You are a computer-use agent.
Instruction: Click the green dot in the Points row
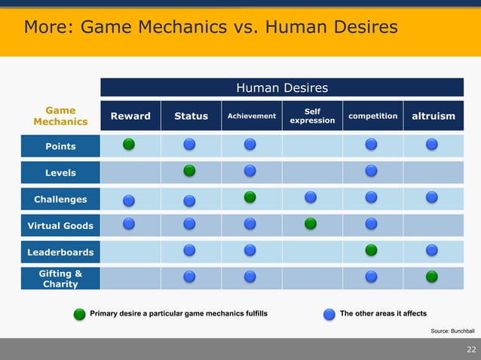(130, 144)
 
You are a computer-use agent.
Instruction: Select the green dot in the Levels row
(190, 171)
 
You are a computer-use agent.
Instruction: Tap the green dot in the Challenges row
(250, 197)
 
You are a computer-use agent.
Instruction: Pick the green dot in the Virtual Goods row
(310, 224)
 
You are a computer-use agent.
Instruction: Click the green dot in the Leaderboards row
(371, 249)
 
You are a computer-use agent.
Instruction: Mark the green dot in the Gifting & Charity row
(432, 276)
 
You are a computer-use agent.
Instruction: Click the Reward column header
(130, 116)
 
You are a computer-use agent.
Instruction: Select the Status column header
(191, 116)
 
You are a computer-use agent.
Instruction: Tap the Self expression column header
(312, 116)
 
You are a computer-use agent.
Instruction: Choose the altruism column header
(434, 116)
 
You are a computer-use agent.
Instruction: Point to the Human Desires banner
(282, 88)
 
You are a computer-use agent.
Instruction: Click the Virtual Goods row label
(60, 225)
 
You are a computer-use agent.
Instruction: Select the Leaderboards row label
(60, 252)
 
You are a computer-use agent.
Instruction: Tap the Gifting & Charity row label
(60, 279)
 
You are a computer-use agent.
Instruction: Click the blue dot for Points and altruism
(432, 144)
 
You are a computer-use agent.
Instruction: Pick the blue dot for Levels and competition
(371, 171)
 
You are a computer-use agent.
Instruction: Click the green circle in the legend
(79, 313)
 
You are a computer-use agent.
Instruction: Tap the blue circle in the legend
(329, 313)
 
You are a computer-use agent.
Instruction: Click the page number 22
(471, 349)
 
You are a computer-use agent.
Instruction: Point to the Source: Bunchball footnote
(452, 331)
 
